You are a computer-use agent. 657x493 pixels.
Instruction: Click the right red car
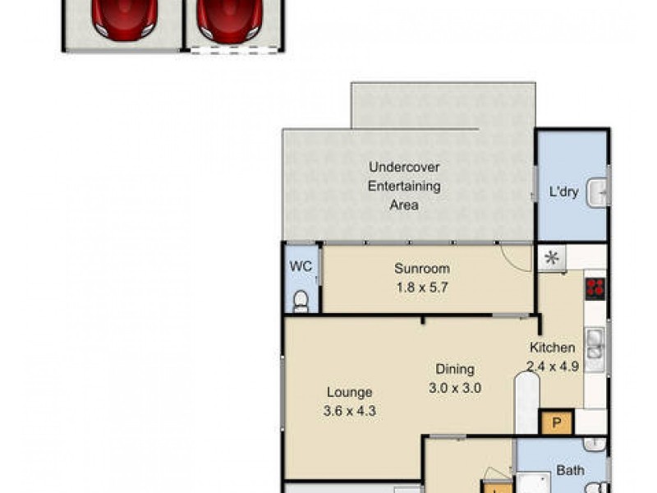point(229,18)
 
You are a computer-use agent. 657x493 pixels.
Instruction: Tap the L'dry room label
point(564,193)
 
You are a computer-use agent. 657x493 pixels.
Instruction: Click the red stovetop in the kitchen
point(595,288)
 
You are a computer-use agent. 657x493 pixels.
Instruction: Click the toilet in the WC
point(301,301)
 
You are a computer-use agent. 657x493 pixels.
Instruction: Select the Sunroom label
point(421,268)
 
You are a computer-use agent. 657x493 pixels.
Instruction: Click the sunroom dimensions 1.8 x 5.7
point(421,288)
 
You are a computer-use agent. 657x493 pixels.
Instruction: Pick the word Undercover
point(404,168)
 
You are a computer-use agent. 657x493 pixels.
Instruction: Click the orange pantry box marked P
point(555,424)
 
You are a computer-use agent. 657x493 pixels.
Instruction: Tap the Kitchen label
point(552,348)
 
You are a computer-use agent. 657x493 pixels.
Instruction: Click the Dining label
point(454,370)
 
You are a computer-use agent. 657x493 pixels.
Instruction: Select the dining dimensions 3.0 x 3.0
point(454,389)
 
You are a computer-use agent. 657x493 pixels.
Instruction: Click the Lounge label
point(350,393)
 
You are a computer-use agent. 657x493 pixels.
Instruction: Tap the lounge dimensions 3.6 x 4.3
point(350,412)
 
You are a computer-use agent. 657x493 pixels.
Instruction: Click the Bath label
point(570,472)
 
